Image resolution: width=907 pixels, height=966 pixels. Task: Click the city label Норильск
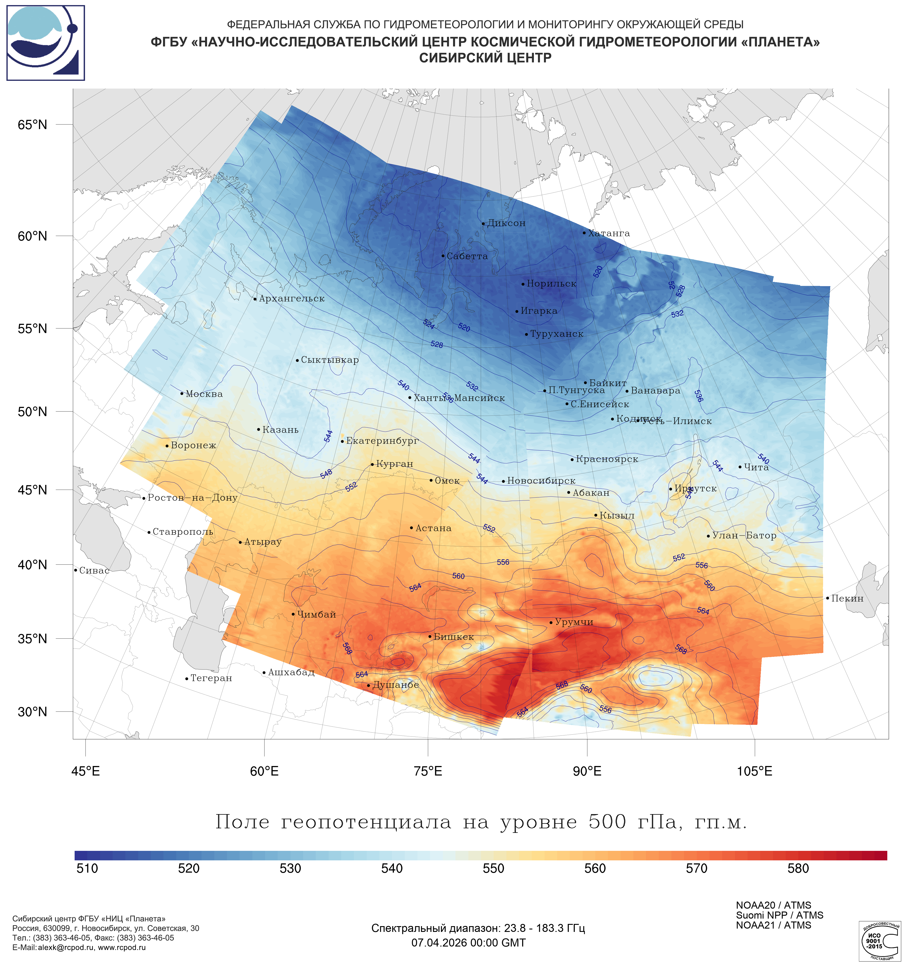551,284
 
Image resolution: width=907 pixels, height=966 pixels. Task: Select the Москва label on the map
204,394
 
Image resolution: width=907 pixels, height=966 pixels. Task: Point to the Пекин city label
847,599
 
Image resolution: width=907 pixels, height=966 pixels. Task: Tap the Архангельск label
291,299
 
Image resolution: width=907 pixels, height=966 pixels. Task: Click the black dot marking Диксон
483,224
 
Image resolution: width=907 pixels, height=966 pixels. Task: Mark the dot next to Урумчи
551,623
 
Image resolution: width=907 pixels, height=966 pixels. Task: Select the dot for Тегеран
186,679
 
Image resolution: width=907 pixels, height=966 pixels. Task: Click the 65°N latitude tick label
33,125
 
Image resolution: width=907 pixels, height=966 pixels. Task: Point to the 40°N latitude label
33,565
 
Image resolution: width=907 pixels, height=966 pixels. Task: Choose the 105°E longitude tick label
754,771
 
